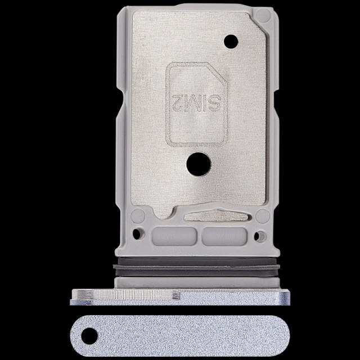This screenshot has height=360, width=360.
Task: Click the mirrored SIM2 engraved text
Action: (x=196, y=103)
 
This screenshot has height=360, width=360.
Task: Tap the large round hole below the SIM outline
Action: (x=199, y=164)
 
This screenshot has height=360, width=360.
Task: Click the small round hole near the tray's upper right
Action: (x=231, y=42)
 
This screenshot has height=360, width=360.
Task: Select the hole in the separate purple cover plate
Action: (x=89, y=336)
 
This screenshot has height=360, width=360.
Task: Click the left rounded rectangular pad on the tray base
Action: (x=174, y=236)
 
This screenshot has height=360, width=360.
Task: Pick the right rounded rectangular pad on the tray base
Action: (x=224, y=236)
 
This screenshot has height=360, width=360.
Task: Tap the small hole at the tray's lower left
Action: (x=137, y=234)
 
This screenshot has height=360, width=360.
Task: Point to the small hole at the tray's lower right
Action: (x=258, y=236)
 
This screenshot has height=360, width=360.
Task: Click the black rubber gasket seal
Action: (x=196, y=267)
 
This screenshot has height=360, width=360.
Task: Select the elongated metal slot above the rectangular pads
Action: (x=216, y=215)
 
